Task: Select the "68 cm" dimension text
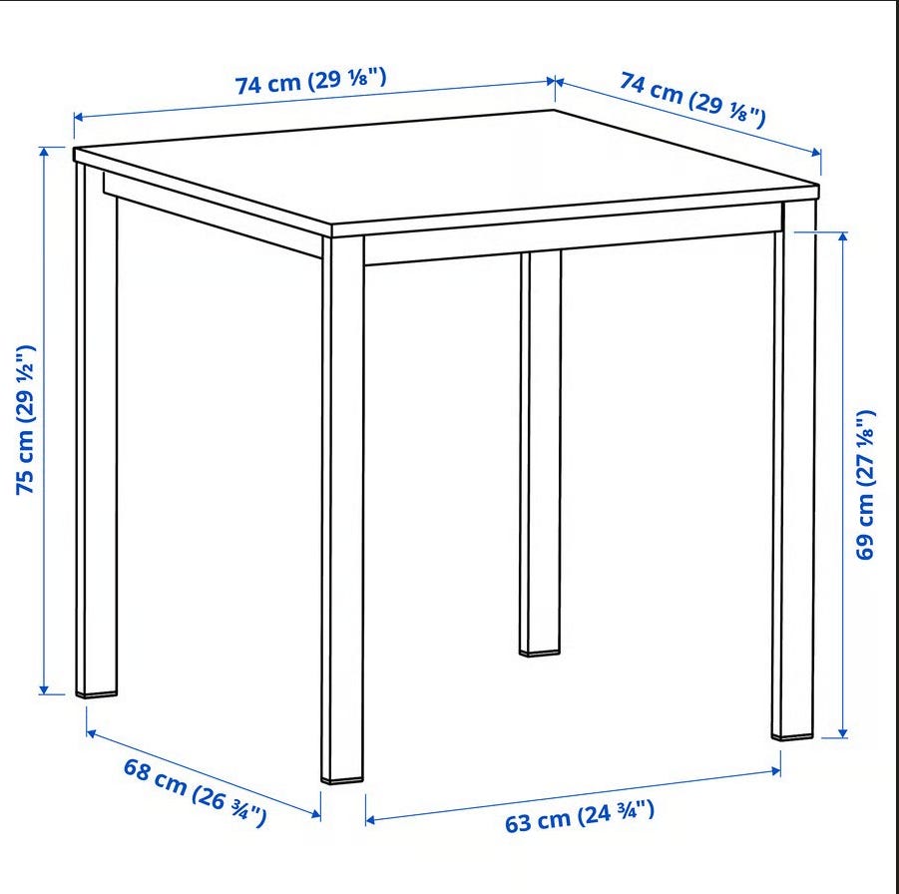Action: click(x=155, y=776)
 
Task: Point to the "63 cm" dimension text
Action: click(x=537, y=820)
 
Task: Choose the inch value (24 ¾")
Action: click(x=616, y=813)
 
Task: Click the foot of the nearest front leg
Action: click(x=342, y=780)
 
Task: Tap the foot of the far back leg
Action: click(x=540, y=652)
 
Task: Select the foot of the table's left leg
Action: click(x=97, y=693)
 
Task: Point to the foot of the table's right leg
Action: click(x=792, y=734)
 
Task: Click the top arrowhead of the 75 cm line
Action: click(x=44, y=152)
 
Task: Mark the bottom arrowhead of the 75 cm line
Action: click(x=44, y=689)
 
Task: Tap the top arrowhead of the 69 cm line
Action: click(x=842, y=236)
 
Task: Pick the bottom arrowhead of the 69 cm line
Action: click(x=842, y=733)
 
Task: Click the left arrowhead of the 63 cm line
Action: click(x=370, y=820)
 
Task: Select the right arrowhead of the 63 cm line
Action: click(x=775, y=771)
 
